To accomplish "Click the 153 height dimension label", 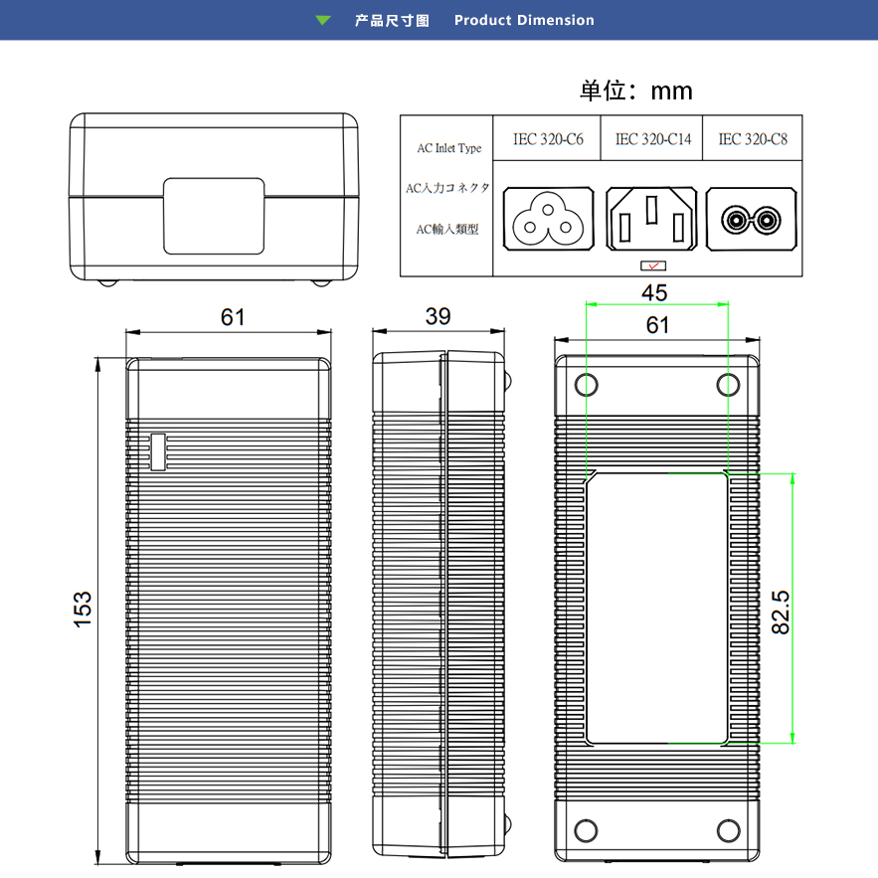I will tap(83, 609).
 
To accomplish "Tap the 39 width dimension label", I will tap(438, 316).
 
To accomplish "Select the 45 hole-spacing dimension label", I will tap(654, 292).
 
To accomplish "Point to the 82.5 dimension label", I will tap(780, 612).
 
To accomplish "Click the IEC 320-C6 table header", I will tap(548, 140).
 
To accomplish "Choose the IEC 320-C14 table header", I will tap(653, 140).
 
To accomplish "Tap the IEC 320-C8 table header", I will tap(753, 140).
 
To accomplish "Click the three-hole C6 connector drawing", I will tap(549, 220).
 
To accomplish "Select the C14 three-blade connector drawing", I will tap(650, 220).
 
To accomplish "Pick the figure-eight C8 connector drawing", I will tap(753, 220).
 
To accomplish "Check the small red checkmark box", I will tap(653, 265).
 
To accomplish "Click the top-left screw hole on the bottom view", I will tap(587, 385).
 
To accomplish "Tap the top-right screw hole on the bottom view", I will tap(729, 385).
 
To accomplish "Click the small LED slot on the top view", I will tap(157, 451).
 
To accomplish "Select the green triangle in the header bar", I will tap(323, 20).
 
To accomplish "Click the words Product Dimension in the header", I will tap(524, 20).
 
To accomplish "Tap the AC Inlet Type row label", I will tap(448, 149).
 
